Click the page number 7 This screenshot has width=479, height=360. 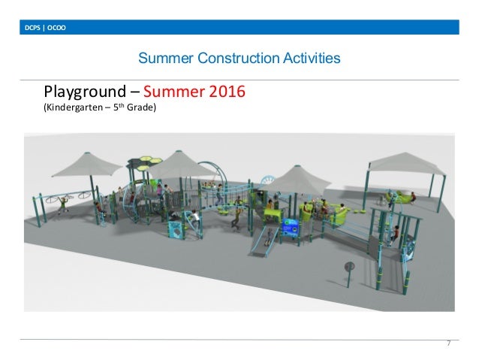pyautogui.click(x=447, y=343)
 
